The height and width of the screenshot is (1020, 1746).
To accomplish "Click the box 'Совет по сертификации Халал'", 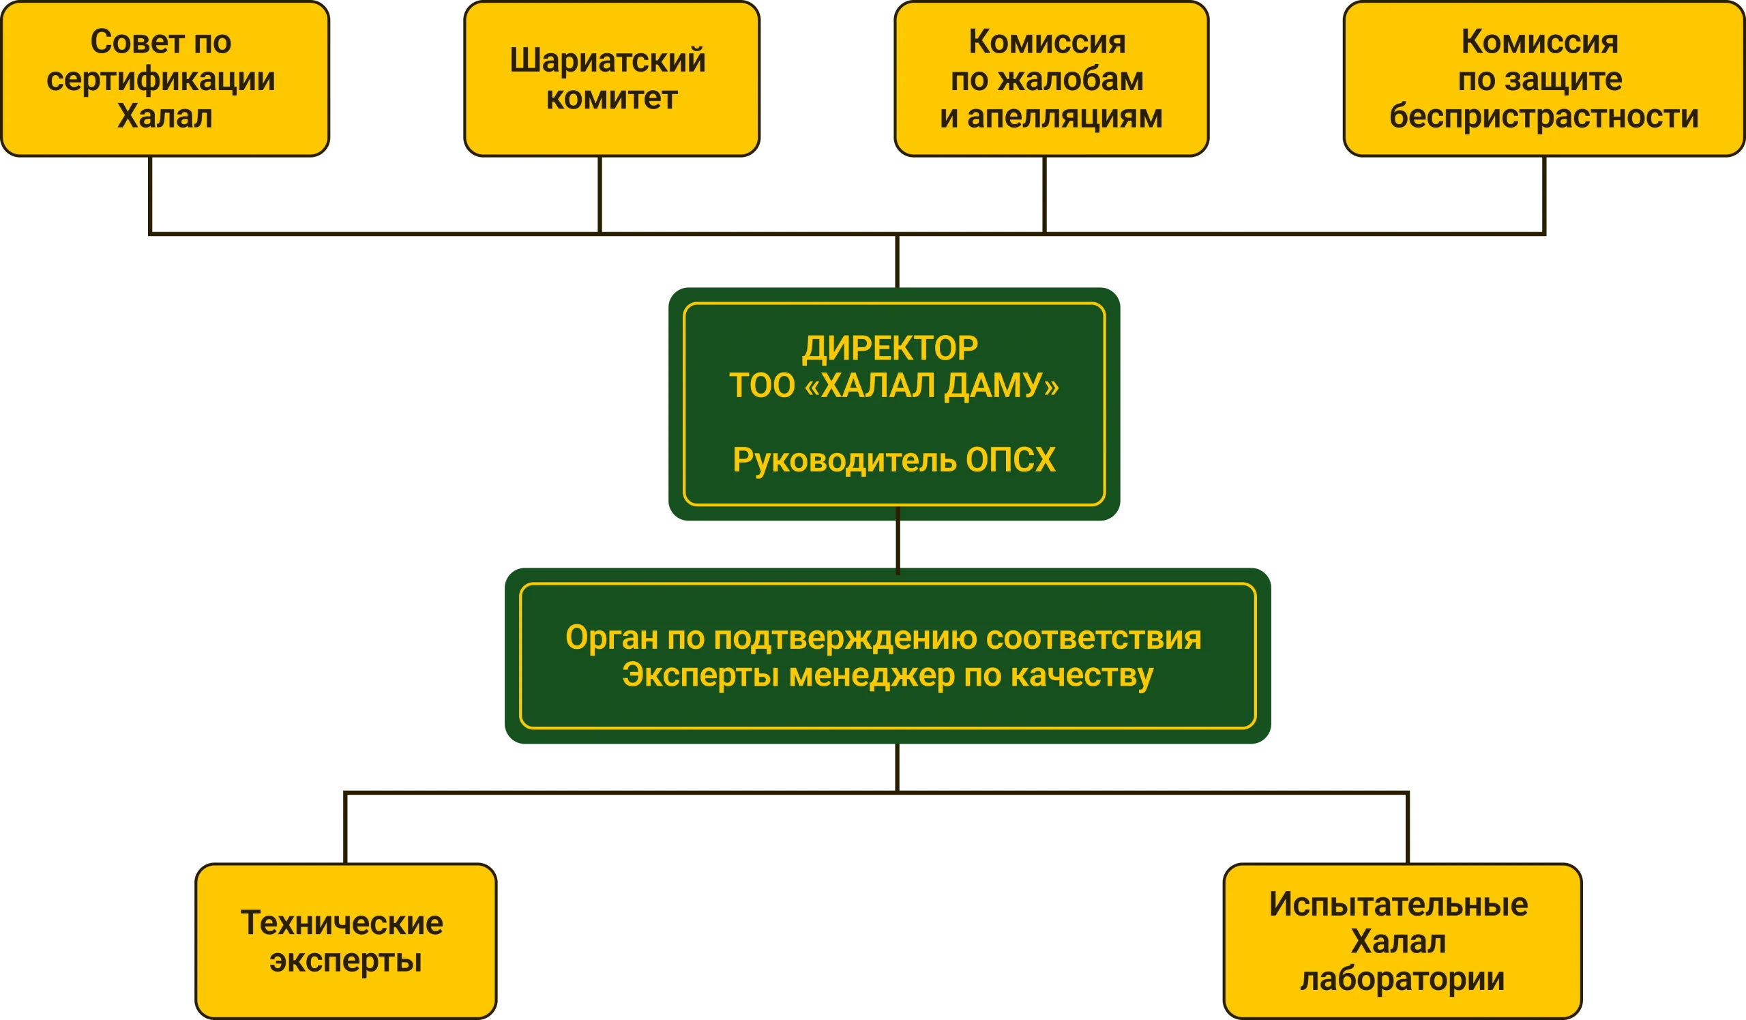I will (165, 79).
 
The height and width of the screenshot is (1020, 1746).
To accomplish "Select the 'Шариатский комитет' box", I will (611, 79).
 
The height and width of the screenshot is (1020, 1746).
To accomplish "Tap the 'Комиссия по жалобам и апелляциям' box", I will (1050, 79).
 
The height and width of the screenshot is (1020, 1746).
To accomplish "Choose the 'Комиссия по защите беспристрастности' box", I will (1542, 79).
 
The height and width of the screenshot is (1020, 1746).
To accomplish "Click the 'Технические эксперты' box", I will (345, 941).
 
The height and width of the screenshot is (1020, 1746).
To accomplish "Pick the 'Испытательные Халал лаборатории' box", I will (1401, 941).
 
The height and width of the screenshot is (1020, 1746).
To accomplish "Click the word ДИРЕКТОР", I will (890, 349).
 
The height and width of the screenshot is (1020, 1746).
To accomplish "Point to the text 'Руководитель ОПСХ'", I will (893, 460).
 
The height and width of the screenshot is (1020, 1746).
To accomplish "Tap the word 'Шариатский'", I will (608, 61).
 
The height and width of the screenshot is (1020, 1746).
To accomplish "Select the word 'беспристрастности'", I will (1543, 117).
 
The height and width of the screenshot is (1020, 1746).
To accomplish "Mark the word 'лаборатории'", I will (1402, 979).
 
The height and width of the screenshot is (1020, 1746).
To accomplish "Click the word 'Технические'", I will (342, 923).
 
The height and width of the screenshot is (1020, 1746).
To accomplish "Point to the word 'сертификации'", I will (161, 79).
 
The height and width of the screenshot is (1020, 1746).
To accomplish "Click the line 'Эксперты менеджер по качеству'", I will (887, 675).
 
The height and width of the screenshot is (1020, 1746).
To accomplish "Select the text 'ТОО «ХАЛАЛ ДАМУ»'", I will (893, 386).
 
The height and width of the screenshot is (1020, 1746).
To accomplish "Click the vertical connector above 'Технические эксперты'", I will (344, 828).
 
